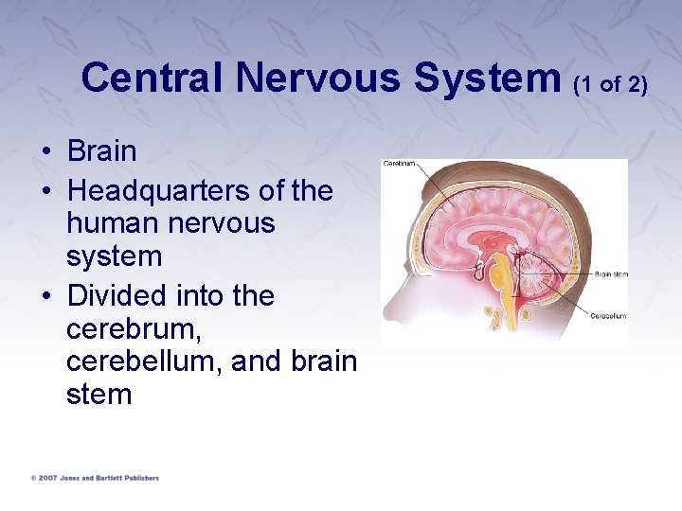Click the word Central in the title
pyautogui.click(x=152, y=78)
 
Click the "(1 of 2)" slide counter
pyautogui.click(x=611, y=84)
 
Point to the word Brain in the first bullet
pyautogui.click(x=101, y=151)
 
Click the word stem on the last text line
pyautogui.click(x=99, y=395)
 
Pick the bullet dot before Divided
pyautogui.click(x=45, y=297)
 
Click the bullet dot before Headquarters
pyautogui.click(x=45, y=192)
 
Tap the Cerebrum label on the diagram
pyautogui.click(x=399, y=164)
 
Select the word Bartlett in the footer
pyautogui.click(x=111, y=478)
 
